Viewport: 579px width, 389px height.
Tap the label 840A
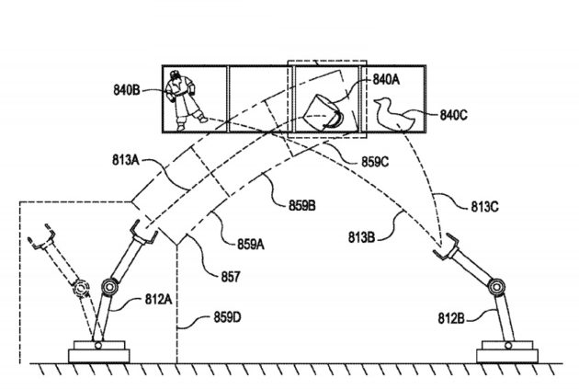[x=386, y=79]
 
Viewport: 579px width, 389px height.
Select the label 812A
[x=156, y=299]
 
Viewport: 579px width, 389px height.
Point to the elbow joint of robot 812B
[x=499, y=286]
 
